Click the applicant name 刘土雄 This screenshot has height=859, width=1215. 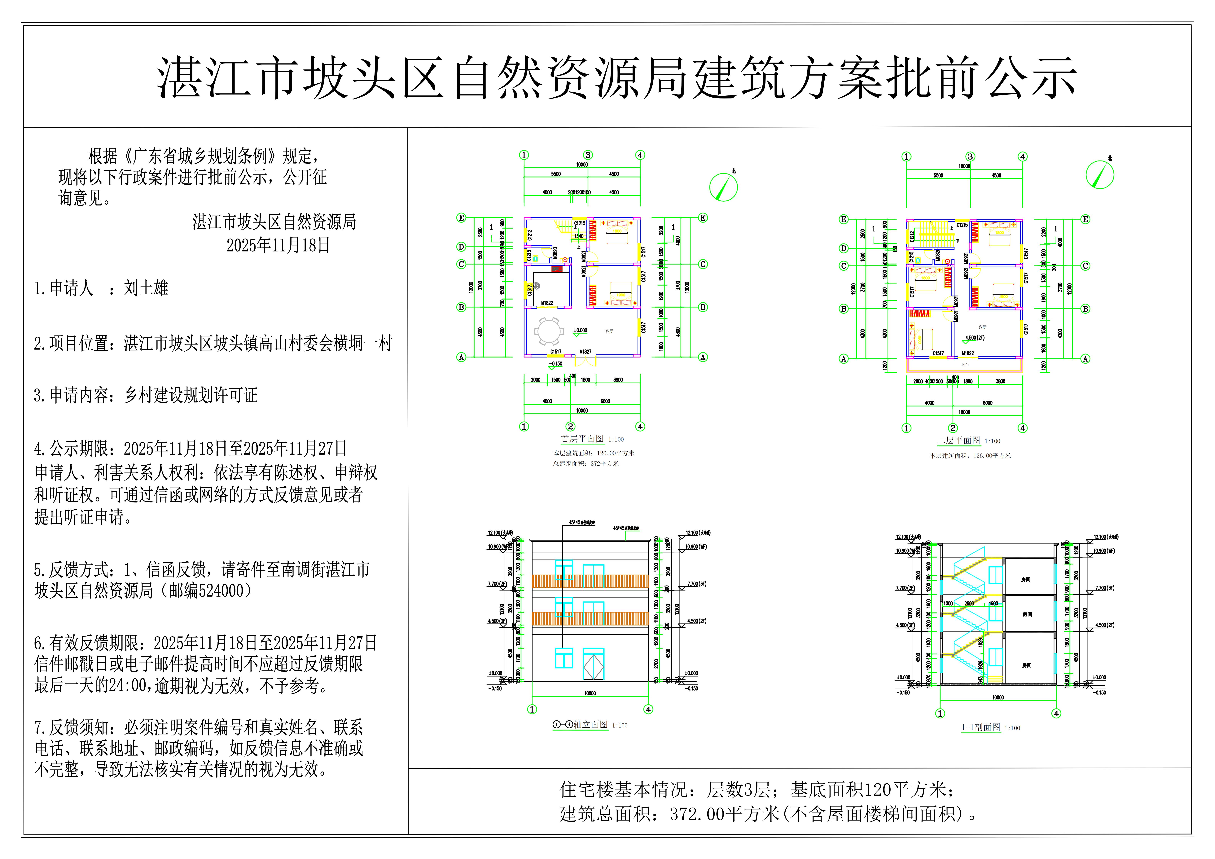[x=146, y=288]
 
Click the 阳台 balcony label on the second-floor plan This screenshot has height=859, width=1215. [x=965, y=365]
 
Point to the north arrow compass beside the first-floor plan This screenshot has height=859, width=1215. [x=723, y=187]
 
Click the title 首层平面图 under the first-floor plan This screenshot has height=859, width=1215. [x=582, y=439]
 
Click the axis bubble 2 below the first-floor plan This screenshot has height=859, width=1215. [x=570, y=427]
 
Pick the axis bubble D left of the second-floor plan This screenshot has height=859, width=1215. [x=844, y=248]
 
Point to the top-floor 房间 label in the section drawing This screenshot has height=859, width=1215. [x=1026, y=580]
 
